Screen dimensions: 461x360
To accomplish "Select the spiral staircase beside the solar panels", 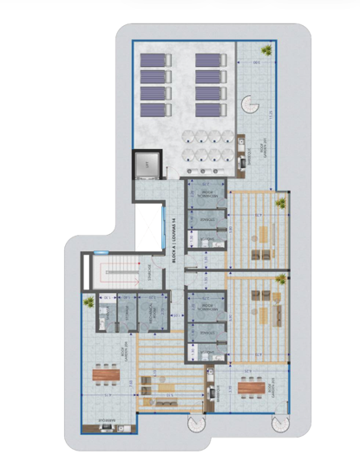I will click(250, 105).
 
